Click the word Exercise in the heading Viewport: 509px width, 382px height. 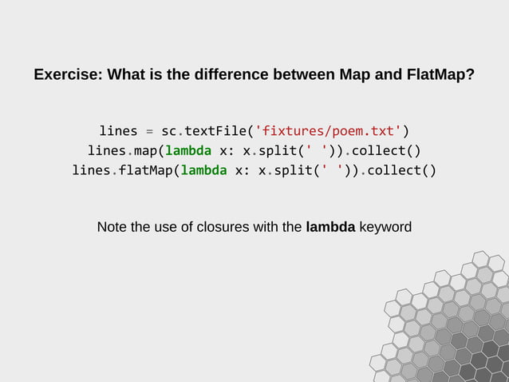67,76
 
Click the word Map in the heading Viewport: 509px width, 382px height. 354,76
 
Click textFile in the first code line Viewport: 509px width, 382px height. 215,130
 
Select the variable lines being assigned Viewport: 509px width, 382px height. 118,130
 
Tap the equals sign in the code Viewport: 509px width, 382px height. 149,130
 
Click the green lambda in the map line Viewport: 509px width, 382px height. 188,150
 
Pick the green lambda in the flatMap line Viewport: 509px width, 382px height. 203,170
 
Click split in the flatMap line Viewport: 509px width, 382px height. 293,170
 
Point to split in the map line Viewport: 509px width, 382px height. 278,150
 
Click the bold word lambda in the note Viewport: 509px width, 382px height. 330,227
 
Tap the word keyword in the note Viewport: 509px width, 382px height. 385,227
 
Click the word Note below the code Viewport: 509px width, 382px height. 112,227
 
